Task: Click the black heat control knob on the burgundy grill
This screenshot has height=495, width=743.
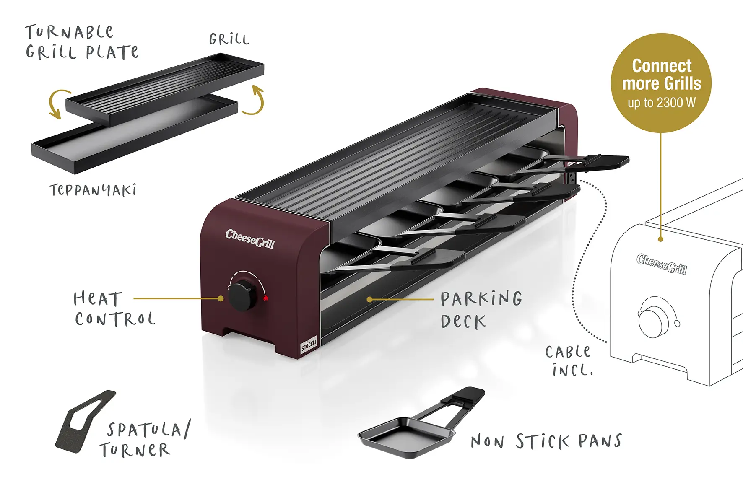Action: click(x=242, y=295)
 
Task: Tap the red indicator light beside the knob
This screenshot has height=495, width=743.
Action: click(x=265, y=298)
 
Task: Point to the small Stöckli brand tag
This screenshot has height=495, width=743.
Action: click(x=309, y=345)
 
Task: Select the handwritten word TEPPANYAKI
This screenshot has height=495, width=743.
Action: click(x=93, y=190)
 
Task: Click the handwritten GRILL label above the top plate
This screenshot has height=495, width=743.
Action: click(x=229, y=39)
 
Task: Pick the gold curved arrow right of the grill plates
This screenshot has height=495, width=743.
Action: click(x=254, y=100)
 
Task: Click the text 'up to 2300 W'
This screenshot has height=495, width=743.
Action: click(x=662, y=103)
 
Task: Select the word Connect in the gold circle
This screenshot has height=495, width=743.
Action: click(x=662, y=66)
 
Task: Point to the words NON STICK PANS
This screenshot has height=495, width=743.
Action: click(x=546, y=441)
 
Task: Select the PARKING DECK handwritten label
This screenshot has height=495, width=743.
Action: click(x=481, y=310)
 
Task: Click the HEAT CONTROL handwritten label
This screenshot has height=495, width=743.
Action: click(x=114, y=309)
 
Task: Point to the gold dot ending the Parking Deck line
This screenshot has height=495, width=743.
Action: click(x=369, y=299)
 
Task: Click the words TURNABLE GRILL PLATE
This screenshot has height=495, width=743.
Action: click(x=82, y=42)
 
